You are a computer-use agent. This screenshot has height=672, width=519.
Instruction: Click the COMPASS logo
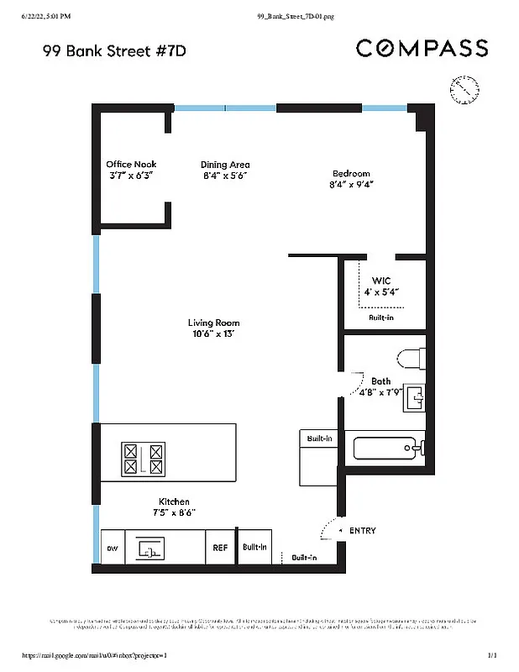click(422, 48)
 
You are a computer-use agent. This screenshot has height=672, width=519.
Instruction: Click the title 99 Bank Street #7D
click(113, 51)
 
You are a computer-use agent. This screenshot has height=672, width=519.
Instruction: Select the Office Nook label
click(131, 165)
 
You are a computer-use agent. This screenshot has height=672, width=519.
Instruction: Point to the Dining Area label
click(225, 165)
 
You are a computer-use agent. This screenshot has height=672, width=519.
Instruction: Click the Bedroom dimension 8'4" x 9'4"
click(351, 184)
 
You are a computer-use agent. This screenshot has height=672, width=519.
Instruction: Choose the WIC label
click(381, 281)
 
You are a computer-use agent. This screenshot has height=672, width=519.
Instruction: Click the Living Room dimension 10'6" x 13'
click(213, 333)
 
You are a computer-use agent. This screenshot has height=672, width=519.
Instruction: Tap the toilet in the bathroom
click(410, 359)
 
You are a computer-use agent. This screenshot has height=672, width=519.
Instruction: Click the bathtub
click(389, 447)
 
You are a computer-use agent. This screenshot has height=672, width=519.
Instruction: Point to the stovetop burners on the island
click(144, 459)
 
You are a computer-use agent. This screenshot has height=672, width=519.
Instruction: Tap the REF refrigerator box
click(220, 548)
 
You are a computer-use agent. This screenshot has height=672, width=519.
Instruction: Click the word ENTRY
click(363, 531)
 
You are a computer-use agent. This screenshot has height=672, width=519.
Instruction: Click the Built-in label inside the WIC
click(381, 318)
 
